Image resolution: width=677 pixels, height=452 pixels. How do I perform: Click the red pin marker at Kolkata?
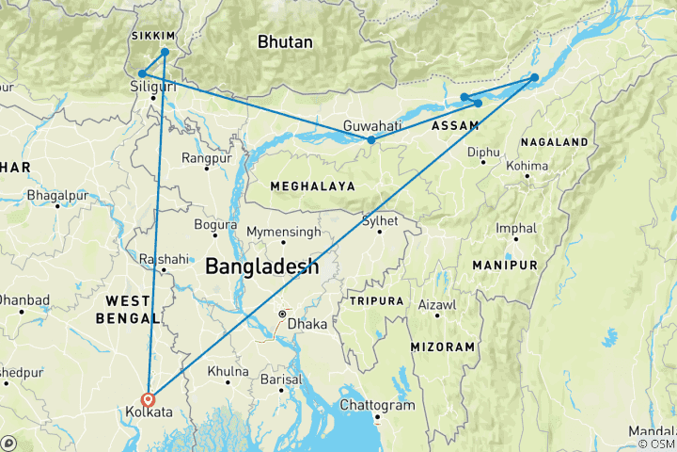click(149, 398)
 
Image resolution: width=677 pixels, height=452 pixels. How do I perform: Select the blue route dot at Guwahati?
click(371, 140)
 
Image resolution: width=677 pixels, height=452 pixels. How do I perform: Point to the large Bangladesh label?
click(261, 266)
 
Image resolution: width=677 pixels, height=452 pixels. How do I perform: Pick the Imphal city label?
click(517, 228)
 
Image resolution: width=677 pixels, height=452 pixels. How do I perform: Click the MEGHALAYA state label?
click(312, 186)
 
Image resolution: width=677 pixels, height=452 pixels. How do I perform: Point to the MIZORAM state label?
click(442, 347)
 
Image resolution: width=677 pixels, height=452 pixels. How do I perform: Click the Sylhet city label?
click(381, 220)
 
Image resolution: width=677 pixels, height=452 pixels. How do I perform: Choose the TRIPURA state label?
click(375, 300)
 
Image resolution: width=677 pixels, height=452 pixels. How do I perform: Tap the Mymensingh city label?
click(283, 232)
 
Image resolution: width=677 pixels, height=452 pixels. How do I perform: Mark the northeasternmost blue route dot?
click(534, 77)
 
